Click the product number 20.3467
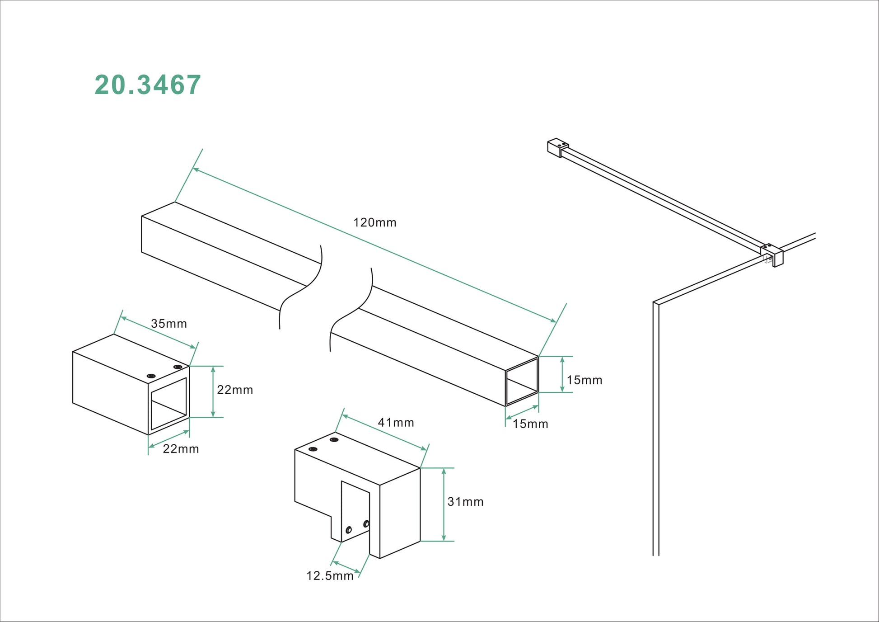[148, 85]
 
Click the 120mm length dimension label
[374, 222]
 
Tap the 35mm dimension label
[168, 324]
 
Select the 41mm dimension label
[396, 423]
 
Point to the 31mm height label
[465, 502]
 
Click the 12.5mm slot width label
[330, 576]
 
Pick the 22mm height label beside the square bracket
[235, 390]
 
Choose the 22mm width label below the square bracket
[181, 449]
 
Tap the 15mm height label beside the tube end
[584, 380]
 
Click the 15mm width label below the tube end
[530, 424]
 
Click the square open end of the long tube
[522, 382]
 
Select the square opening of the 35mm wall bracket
[168, 404]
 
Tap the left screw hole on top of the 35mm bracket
[151, 376]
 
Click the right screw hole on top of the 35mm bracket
[178, 367]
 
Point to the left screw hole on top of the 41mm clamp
[313, 449]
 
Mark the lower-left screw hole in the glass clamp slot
[348, 530]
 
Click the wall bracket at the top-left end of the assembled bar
[558, 147]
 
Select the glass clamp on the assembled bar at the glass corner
[772, 255]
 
